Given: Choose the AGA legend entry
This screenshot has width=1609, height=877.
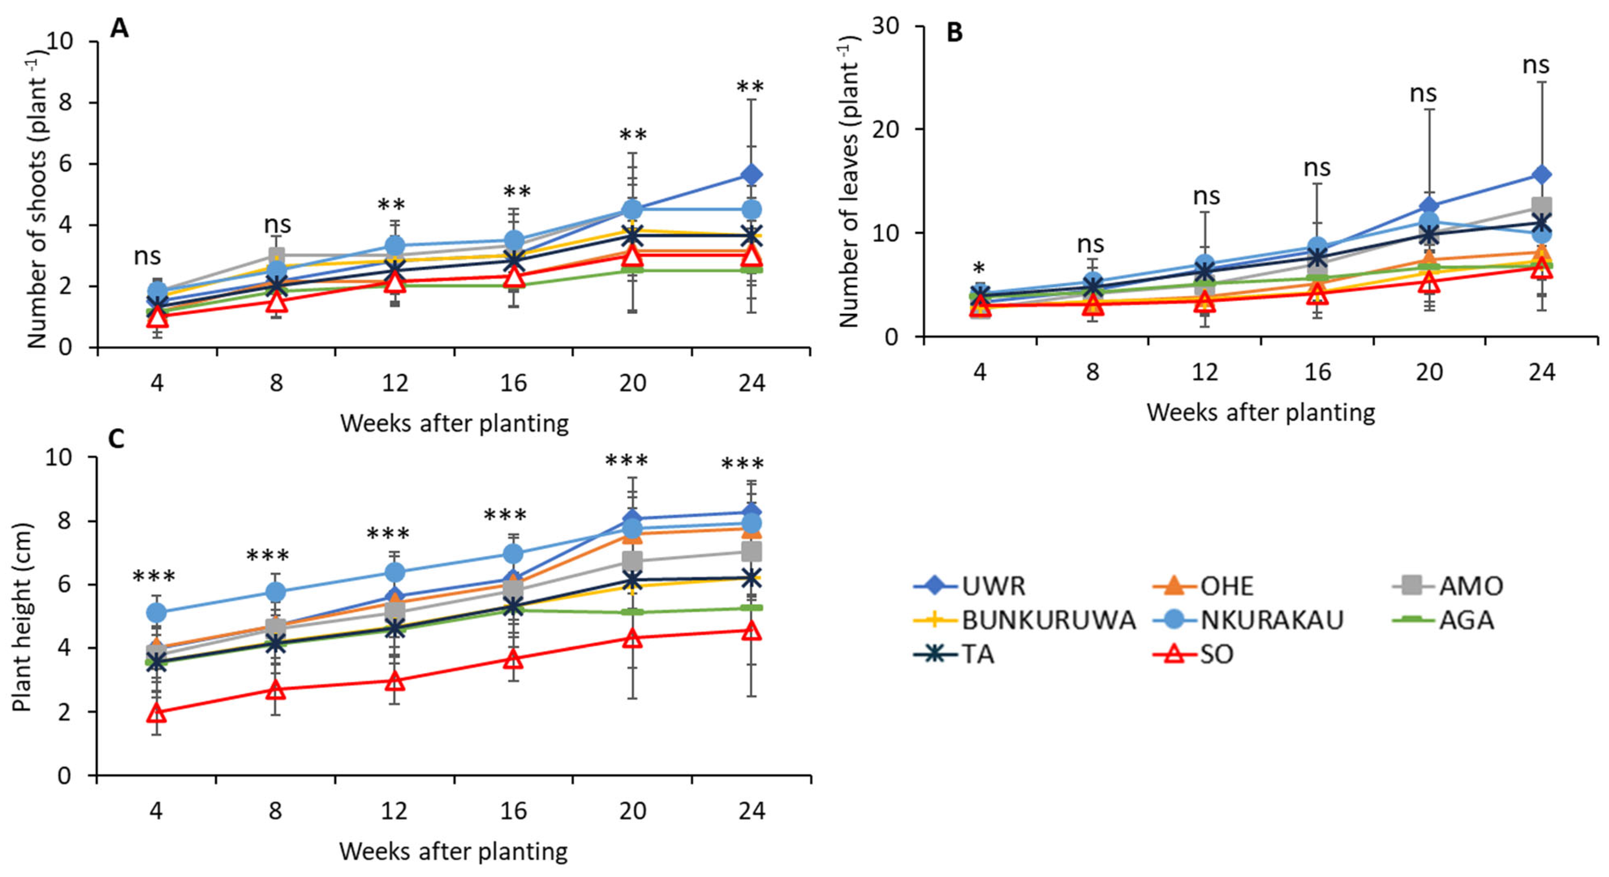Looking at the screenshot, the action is pyautogui.click(x=1443, y=620).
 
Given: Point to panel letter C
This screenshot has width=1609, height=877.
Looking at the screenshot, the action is pyautogui.click(x=117, y=438).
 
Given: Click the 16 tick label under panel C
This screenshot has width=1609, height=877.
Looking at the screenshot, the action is pyautogui.click(x=514, y=811).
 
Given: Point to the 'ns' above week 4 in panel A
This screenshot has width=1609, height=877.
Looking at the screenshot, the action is pyautogui.click(x=147, y=256).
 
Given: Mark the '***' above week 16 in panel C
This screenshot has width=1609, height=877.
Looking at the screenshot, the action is pyautogui.click(x=505, y=517).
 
